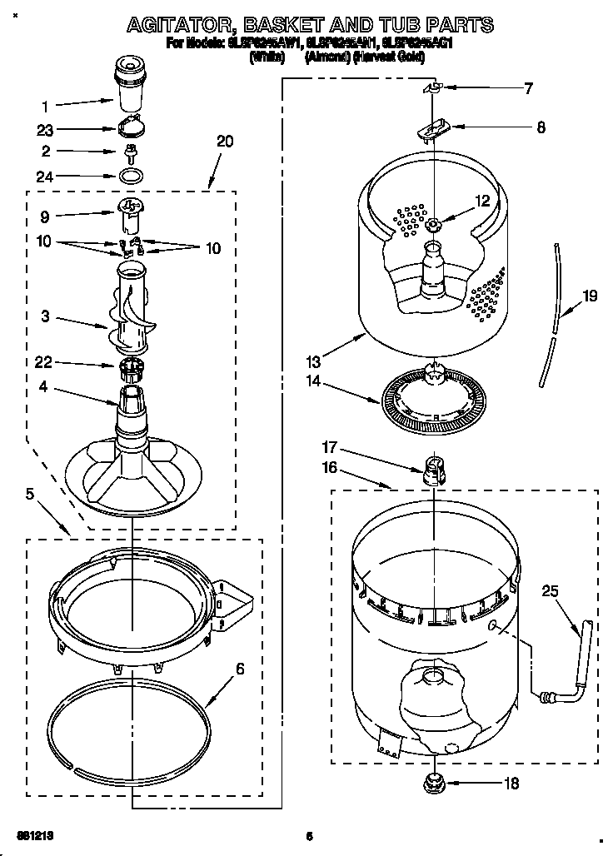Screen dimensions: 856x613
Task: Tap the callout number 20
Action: click(x=224, y=142)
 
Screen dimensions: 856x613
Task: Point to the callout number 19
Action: click(x=590, y=295)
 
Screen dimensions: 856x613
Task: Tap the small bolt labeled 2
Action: click(x=130, y=152)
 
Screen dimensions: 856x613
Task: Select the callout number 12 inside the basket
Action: click(x=482, y=200)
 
